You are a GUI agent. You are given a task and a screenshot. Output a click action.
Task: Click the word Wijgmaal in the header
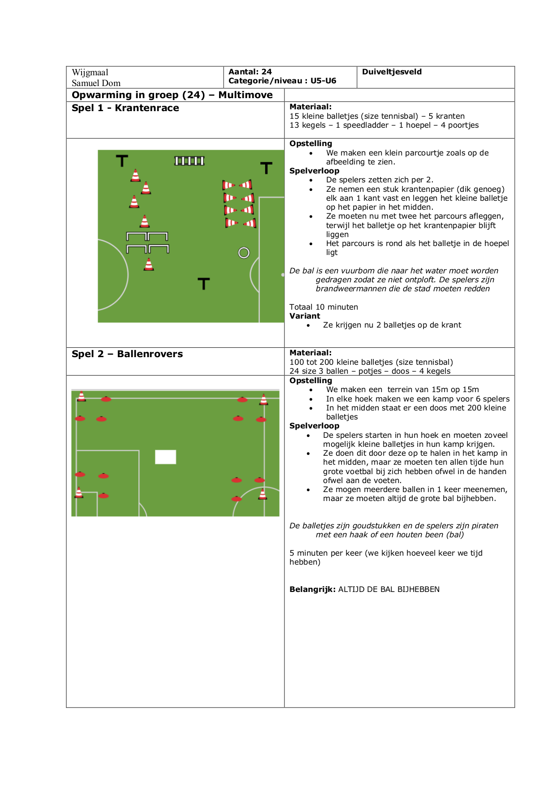[90, 73]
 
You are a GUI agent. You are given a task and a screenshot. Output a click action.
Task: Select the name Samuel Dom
[96, 83]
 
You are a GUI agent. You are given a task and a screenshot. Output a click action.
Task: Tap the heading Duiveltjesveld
[392, 72]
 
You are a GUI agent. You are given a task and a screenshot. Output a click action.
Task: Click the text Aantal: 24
[250, 72]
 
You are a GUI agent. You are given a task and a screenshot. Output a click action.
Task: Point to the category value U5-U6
[323, 81]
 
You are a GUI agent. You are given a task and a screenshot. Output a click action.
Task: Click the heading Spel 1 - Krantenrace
[125, 108]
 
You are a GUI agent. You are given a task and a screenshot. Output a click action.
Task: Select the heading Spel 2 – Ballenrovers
[127, 354]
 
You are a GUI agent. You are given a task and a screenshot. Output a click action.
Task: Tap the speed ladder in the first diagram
[190, 161]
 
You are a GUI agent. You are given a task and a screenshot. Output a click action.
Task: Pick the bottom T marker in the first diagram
[204, 283]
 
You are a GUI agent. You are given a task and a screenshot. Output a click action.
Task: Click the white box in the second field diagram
[165, 457]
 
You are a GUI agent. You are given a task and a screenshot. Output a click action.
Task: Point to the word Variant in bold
[305, 316]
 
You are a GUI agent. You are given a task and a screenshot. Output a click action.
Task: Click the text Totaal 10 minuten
[323, 307]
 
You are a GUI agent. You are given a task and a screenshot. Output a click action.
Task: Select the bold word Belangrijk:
[312, 589]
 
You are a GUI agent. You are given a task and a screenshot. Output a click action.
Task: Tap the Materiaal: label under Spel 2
[310, 353]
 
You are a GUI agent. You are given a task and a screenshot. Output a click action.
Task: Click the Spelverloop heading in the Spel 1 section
[314, 171]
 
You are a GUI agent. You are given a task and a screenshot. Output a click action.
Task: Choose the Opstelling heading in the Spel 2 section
[310, 380]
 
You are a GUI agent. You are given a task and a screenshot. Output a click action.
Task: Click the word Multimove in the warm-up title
[246, 95]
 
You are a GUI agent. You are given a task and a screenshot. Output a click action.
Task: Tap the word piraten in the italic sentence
[485, 526]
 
